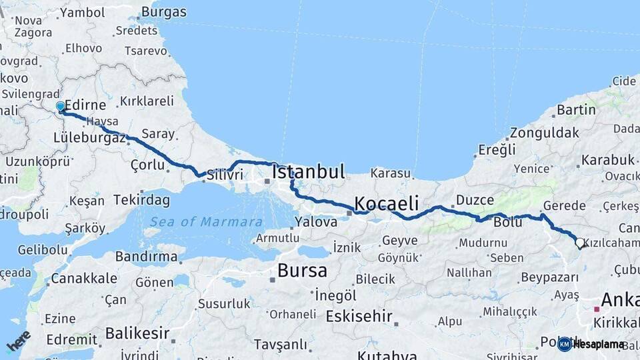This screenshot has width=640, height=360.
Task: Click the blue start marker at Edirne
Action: tap(60, 107)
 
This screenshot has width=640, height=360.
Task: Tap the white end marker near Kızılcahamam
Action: tap(579, 243)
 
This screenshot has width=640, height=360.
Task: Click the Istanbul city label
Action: tap(309, 172)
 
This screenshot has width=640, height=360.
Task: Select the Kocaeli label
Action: tap(386, 203)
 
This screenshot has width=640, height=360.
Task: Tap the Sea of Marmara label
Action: tap(206, 222)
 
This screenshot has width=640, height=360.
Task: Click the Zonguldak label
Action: tap(545, 133)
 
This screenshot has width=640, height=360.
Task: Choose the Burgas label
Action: tap(164, 12)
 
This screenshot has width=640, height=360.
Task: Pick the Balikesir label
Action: tap(137, 333)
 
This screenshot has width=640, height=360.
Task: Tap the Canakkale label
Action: tap(84, 278)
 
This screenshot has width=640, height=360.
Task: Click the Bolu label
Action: tap(507, 222)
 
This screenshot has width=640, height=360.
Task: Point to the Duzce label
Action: tap(475, 200)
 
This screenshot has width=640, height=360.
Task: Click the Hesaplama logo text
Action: tap(599, 344)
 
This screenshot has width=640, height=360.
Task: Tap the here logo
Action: tap(19, 341)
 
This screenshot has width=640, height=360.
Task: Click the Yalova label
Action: tap(316, 222)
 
